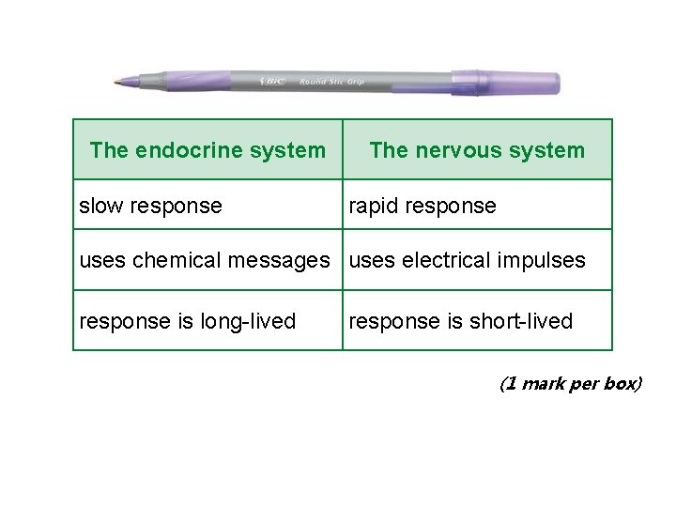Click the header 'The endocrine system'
pos(207,150)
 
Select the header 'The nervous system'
pos(477,150)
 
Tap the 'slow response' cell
pos(151,206)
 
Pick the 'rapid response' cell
pos(422,206)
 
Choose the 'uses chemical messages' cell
pos(205,260)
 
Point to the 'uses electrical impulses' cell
pos(468,260)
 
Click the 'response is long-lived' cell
pos(188,321)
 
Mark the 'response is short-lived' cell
pos(461,321)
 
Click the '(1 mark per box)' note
pos(571,383)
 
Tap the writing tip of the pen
pos(116,83)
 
